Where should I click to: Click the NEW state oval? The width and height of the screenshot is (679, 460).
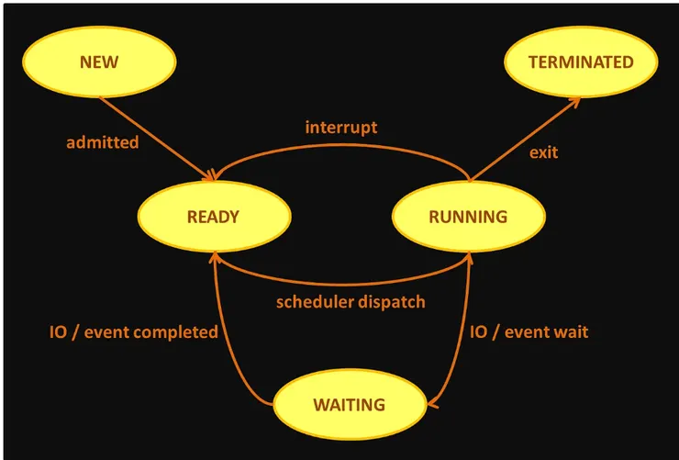[99, 62]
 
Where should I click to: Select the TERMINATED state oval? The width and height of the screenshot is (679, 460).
[581, 62]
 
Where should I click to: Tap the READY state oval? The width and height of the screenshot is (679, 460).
[213, 218]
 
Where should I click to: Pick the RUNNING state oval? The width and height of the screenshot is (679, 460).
[468, 218]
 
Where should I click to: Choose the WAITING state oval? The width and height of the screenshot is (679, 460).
[349, 405]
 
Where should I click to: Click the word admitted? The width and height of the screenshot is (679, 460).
[103, 142]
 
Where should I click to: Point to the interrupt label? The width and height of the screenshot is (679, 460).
[340, 127]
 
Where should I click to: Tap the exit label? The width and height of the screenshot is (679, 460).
[543, 151]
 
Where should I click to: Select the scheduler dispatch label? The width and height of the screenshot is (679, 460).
[351, 301]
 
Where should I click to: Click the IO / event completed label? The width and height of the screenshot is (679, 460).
[134, 331]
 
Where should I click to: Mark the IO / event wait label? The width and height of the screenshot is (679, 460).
[529, 331]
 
